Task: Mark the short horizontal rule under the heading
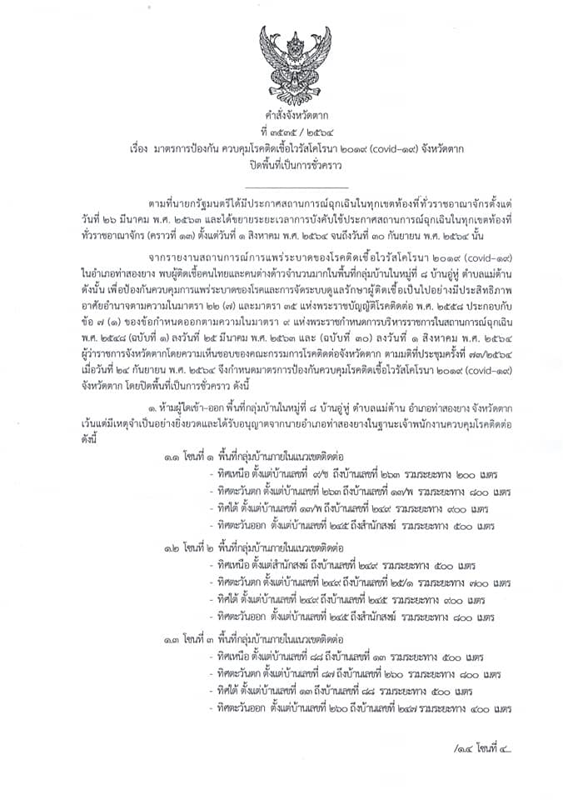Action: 281,188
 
